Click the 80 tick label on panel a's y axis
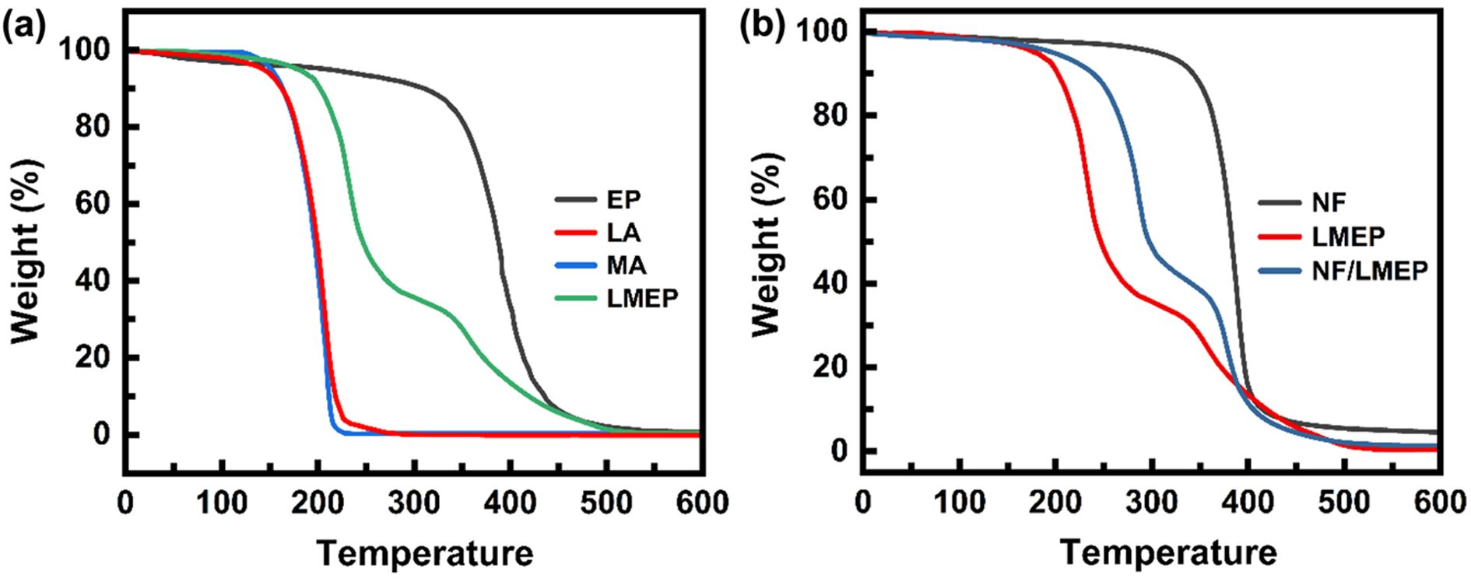pos(93,126)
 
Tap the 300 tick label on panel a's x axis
pos(413,503)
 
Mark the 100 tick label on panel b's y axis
pos(822,31)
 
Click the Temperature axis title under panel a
pos(425,554)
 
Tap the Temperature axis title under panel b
pos(1167,553)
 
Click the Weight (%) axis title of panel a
pos(26,251)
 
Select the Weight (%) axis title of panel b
pos(767,244)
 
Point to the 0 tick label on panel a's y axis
pos(102,434)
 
